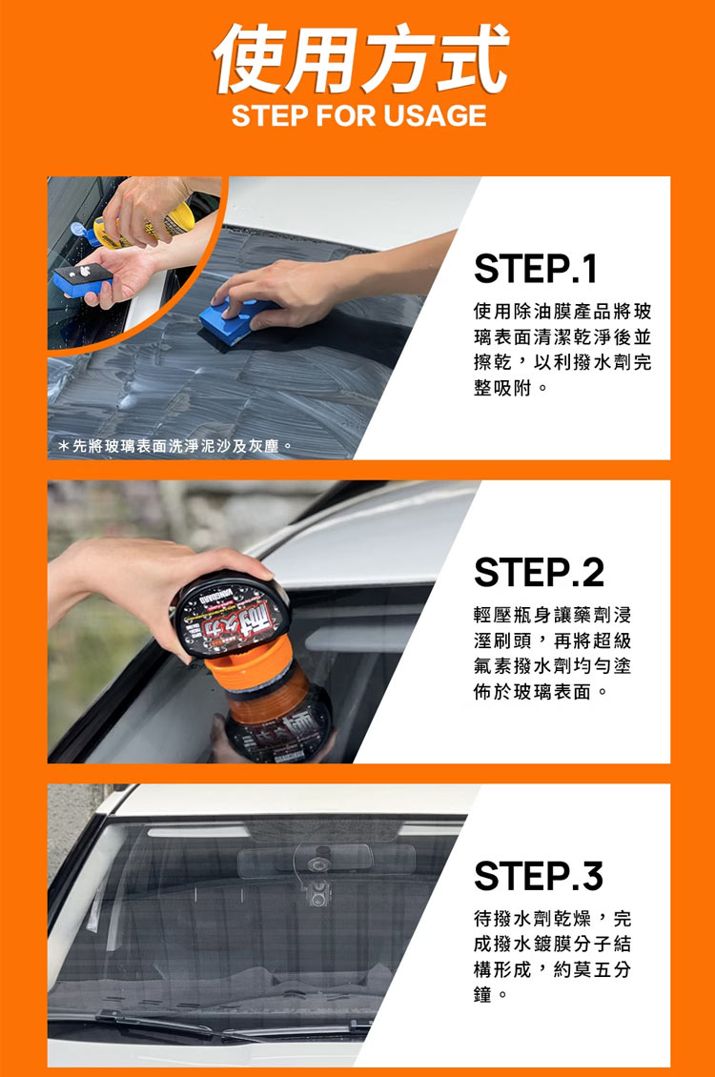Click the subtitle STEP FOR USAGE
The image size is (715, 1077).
(x=359, y=115)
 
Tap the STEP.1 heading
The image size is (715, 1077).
(x=535, y=269)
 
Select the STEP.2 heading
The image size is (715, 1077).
(x=540, y=572)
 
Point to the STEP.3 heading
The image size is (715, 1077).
(x=539, y=876)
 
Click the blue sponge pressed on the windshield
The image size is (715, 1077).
(x=234, y=321)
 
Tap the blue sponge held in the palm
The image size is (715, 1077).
(x=82, y=278)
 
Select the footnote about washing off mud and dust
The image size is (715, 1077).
(x=175, y=446)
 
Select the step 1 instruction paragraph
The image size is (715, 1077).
(x=562, y=350)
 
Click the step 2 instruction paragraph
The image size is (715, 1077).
(x=552, y=653)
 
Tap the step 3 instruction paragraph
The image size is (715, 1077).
(x=552, y=957)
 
